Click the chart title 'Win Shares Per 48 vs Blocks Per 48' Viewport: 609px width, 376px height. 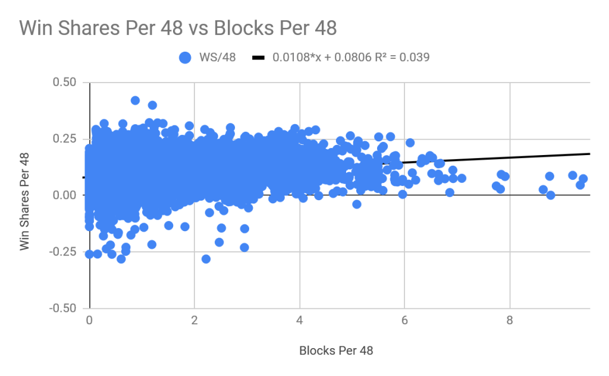pyautogui.click(x=178, y=28)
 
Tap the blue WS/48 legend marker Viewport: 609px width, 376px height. pyautogui.click(x=185, y=58)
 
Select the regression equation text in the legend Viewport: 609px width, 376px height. pyautogui.click(x=351, y=58)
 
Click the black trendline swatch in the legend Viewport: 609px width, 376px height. pyautogui.click(x=258, y=58)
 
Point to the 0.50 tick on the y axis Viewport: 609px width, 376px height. pyautogui.click(x=64, y=82)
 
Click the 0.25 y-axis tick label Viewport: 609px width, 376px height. pyautogui.click(x=64, y=138)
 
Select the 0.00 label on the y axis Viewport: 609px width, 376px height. pyautogui.click(x=64, y=195)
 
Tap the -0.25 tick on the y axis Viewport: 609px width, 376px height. pyautogui.click(x=62, y=252)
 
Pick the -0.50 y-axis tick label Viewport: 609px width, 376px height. pyautogui.click(x=62, y=308)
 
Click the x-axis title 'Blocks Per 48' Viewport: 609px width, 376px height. pyautogui.click(x=335, y=350)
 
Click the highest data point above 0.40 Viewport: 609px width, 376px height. pyautogui.click(x=135, y=100)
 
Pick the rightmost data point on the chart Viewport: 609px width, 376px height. pyautogui.click(x=583, y=179)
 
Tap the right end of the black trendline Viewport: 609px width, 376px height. pyautogui.click(x=589, y=154)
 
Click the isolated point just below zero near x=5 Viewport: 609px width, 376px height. pyautogui.click(x=357, y=204)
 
